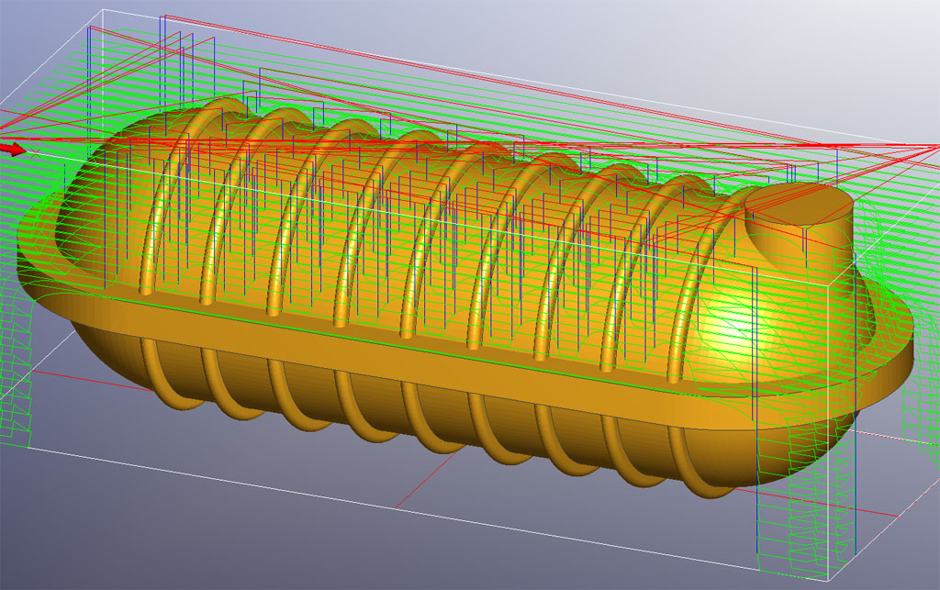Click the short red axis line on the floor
coord(441,495)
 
